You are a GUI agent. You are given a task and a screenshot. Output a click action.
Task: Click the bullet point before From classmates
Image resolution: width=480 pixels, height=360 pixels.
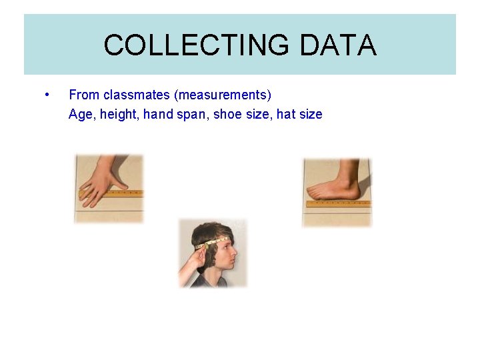click(x=45, y=94)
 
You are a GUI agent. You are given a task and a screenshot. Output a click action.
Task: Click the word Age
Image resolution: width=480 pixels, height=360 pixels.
click(x=80, y=114)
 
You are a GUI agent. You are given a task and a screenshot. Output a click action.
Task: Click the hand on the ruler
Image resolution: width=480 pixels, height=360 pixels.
click(x=103, y=181)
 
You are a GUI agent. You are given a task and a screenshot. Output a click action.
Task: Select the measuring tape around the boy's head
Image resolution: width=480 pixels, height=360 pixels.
click(x=217, y=242)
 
